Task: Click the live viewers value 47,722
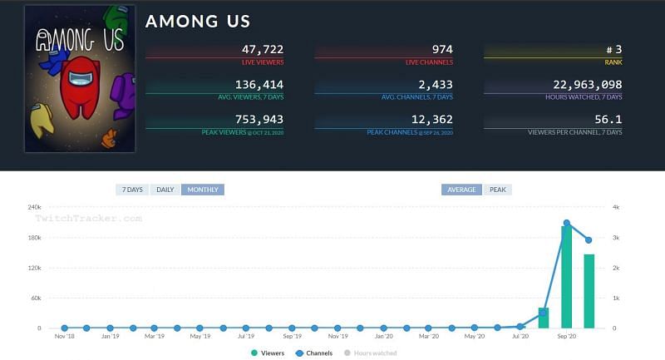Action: click(x=263, y=50)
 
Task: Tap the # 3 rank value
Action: click(x=610, y=50)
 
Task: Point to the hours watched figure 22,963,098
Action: click(x=588, y=85)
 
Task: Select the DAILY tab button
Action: click(x=165, y=190)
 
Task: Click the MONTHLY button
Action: click(x=203, y=190)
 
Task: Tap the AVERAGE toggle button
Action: click(x=461, y=190)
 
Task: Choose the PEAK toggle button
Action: click(x=497, y=190)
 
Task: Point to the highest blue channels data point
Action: click(x=567, y=223)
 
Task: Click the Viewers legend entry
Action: click(x=268, y=353)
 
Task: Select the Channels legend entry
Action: click(x=313, y=353)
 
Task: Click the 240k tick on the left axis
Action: click(x=34, y=207)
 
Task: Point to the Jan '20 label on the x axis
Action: click(x=383, y=337)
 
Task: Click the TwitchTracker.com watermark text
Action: click(x=88, y=219)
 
